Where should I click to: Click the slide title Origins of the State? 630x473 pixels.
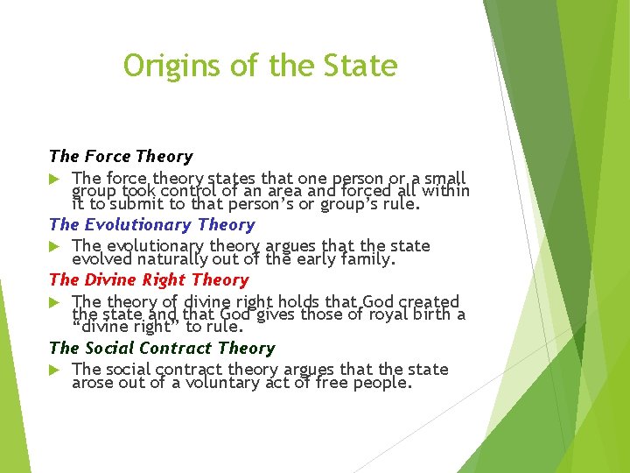coord(260,66)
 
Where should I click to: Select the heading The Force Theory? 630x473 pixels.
coord(121,157)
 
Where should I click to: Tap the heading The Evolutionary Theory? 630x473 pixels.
coord(152,225)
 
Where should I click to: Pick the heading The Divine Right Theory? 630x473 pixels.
coord(149,280)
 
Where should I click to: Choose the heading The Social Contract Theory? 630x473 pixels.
coord(162,349)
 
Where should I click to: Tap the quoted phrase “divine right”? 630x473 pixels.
coord(122,328)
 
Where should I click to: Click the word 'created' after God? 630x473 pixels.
coord(428,302)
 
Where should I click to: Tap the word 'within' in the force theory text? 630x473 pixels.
coord(445,192)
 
